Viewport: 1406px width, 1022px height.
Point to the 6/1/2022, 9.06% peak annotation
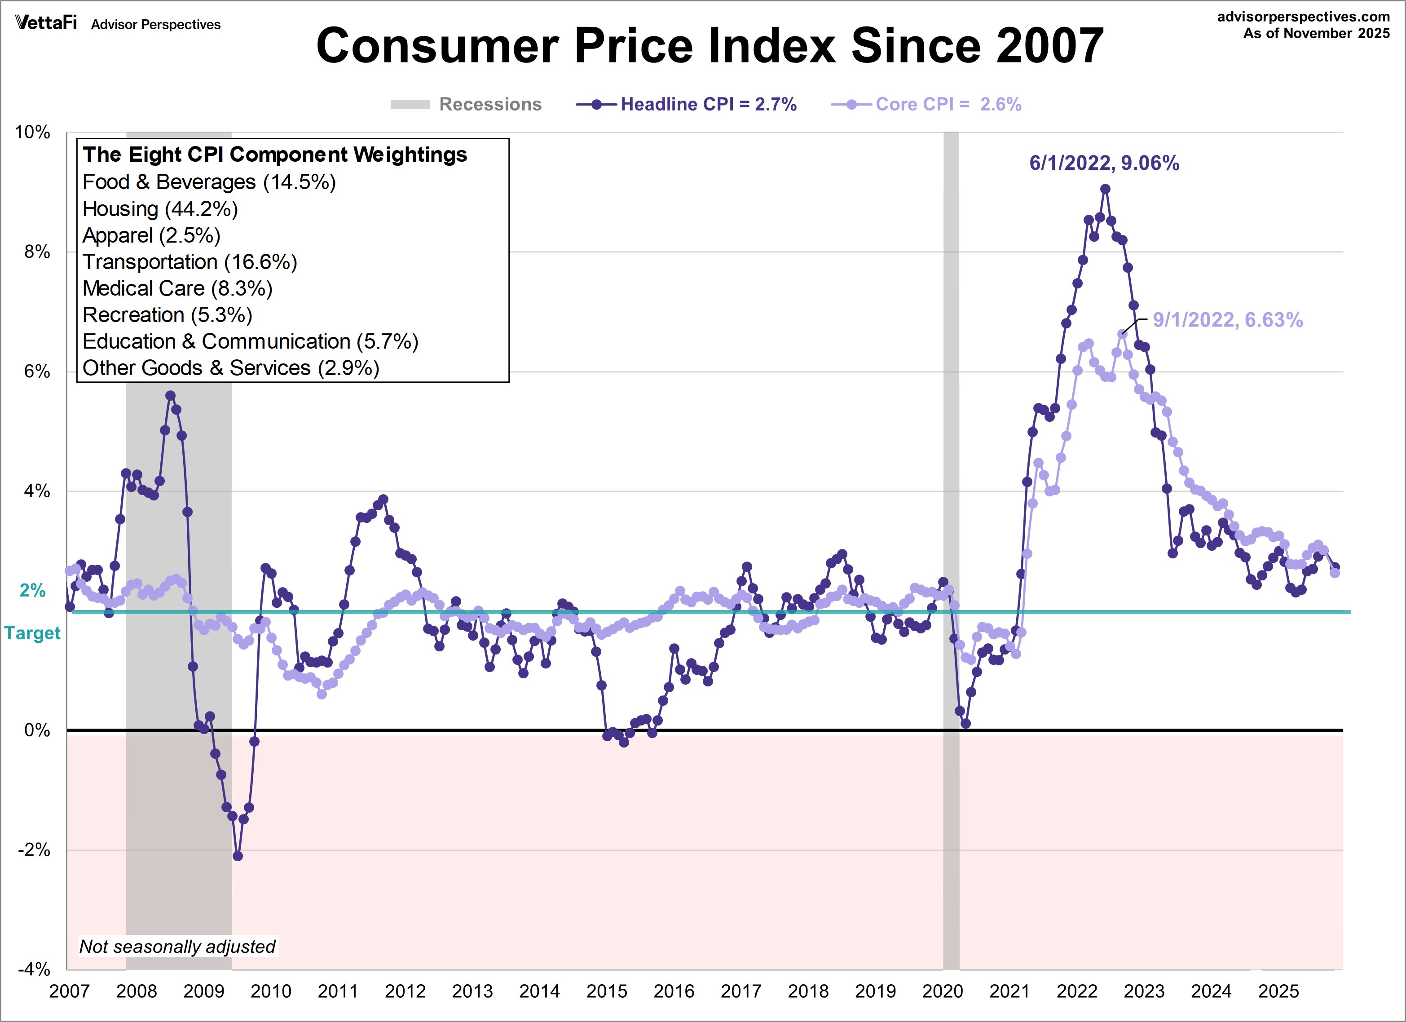[1103, 163]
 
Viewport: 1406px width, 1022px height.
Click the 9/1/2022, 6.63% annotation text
[1227, 320]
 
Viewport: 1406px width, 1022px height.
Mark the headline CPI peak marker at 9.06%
[1105, 189]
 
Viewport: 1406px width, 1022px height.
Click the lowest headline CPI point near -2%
[238, 856]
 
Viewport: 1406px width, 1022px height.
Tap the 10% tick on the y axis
[32, 132]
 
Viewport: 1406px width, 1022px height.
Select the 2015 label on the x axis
[606, 991]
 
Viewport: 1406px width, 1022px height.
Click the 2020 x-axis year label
[942, 991]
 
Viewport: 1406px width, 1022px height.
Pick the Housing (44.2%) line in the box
[160, 209]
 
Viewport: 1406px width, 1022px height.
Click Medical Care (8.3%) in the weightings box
[177, 288]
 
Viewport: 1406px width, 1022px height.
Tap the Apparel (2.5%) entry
[151, 236]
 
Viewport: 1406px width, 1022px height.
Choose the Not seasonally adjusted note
[177, 947]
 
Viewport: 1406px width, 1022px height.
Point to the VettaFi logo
[46, 23]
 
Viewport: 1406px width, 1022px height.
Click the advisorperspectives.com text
[1303, 17]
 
